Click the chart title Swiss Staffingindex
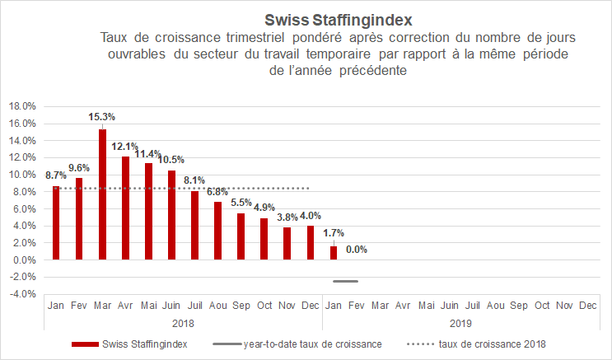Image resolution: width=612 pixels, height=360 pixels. click(338, 18)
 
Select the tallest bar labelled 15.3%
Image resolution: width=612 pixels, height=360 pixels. click(102, 194)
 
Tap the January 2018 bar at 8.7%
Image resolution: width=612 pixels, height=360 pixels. click(56, 222)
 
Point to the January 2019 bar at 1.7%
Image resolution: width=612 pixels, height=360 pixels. click(333, 252)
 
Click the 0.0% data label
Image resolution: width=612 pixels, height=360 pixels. click(357, 250)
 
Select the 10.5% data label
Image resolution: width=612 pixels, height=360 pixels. click(171, 160)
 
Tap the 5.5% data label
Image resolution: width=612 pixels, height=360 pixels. click(241, 203)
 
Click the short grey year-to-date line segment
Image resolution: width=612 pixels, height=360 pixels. click(345, 282)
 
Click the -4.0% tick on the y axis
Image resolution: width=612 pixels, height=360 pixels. click(21, 294)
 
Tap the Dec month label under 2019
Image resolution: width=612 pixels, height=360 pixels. click(587, 305)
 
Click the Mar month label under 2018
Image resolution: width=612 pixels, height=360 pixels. click(102, 305)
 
